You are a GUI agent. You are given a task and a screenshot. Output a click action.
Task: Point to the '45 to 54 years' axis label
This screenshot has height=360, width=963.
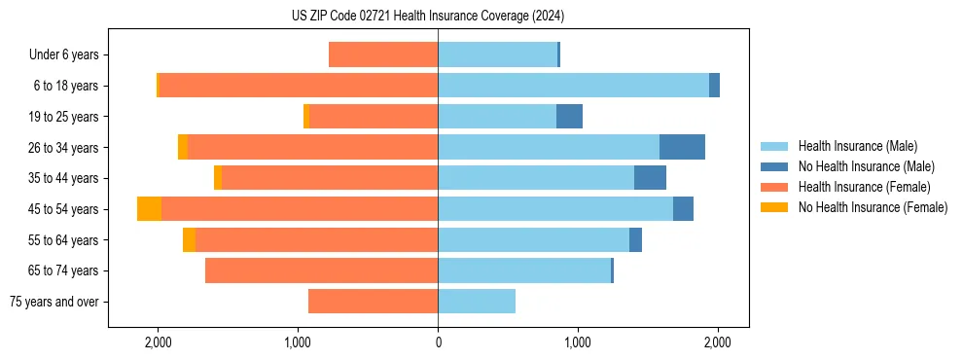click(x=63, y=209)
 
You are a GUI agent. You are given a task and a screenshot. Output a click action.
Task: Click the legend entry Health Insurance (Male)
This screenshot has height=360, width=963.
click(x=857, y=146)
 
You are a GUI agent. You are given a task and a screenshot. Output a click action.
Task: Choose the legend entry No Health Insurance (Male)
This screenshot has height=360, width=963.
click(x=866, y=166)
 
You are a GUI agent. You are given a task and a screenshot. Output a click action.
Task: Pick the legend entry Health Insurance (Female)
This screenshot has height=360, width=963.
click(x=864, y=187)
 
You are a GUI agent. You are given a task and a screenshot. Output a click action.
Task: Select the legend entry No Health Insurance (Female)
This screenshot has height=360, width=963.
click(x=873, y=207)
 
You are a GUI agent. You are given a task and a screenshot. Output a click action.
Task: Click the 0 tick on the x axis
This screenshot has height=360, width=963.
click(x=438, y=342)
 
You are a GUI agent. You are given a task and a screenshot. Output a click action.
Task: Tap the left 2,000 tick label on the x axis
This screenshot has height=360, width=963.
click(x=158, y=342)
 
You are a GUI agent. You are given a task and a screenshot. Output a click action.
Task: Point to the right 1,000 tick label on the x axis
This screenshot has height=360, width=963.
click(x=578, y=342)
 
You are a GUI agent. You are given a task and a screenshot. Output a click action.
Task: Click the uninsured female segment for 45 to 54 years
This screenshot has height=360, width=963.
click(x=149, y=209)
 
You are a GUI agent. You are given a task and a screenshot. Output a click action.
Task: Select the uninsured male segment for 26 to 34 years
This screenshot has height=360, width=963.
click(x=682, y=147)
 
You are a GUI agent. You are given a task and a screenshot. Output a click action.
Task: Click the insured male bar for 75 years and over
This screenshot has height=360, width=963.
click(x=477, y=302)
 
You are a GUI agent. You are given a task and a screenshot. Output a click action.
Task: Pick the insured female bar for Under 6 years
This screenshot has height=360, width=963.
click(x=383, y=54)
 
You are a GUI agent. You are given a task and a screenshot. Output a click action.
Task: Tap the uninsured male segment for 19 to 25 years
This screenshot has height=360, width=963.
click(x=569, y=117)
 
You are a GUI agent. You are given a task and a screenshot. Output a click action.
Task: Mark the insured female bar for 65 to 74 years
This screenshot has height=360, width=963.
click(x=321, y=270)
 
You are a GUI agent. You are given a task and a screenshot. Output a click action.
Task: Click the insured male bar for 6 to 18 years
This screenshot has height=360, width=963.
click(x=573, y=86)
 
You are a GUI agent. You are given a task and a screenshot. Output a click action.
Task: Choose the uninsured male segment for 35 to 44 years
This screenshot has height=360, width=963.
click(x=650, y=178)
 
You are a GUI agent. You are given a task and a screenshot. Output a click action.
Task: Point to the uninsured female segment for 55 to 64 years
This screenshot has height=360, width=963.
click(x=189, y=240)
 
